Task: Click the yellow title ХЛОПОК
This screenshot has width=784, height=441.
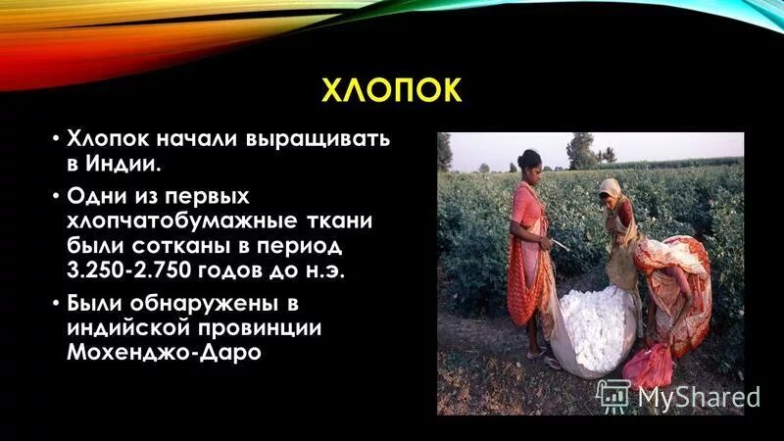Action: coord(391,91)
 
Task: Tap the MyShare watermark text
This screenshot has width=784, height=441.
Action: coord(698,396)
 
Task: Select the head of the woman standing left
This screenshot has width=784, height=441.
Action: coord(530,161)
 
